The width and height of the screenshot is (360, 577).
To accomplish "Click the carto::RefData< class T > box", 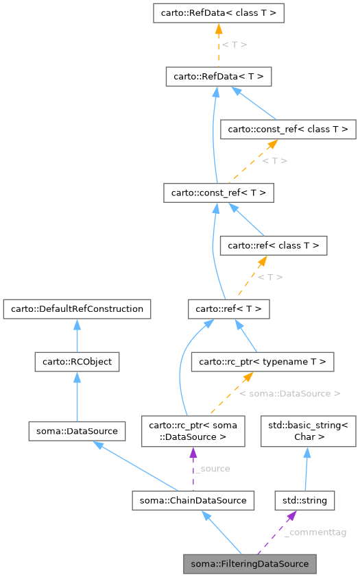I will point(218,13).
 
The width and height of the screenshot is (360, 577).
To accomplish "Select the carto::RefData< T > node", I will point(218,76).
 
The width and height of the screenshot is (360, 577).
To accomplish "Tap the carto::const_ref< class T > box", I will point(287,129).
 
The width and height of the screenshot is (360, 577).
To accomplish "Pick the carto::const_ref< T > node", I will point(218,193).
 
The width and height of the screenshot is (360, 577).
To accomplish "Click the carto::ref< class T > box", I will point(273,245).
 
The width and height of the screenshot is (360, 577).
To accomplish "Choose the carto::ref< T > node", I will point(229,309).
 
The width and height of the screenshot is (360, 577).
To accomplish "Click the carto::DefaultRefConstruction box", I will point(77,308).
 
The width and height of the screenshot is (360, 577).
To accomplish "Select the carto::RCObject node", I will point(77,361).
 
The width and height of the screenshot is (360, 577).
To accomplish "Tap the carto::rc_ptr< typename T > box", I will point(263,361).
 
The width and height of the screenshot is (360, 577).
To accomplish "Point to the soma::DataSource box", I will point(77,431).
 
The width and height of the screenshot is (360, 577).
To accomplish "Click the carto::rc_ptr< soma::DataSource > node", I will point(193,431).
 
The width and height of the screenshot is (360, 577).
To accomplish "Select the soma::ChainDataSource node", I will point(193,500).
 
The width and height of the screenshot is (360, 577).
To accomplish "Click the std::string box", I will point(304,500).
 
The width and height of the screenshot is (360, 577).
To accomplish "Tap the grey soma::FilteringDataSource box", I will point(250,564).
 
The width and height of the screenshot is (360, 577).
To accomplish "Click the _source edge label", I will point(212,469).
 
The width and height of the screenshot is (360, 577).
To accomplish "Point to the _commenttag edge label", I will point(315,532).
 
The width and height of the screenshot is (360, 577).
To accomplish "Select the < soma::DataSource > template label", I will point(289,393).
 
